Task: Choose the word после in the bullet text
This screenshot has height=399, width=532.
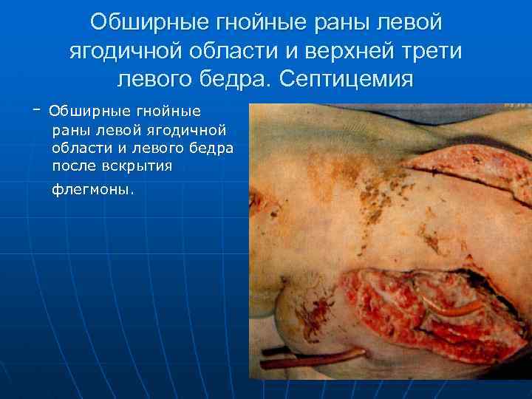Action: (x=75, y=166)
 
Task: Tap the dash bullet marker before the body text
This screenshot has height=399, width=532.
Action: (x=36, y=109)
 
